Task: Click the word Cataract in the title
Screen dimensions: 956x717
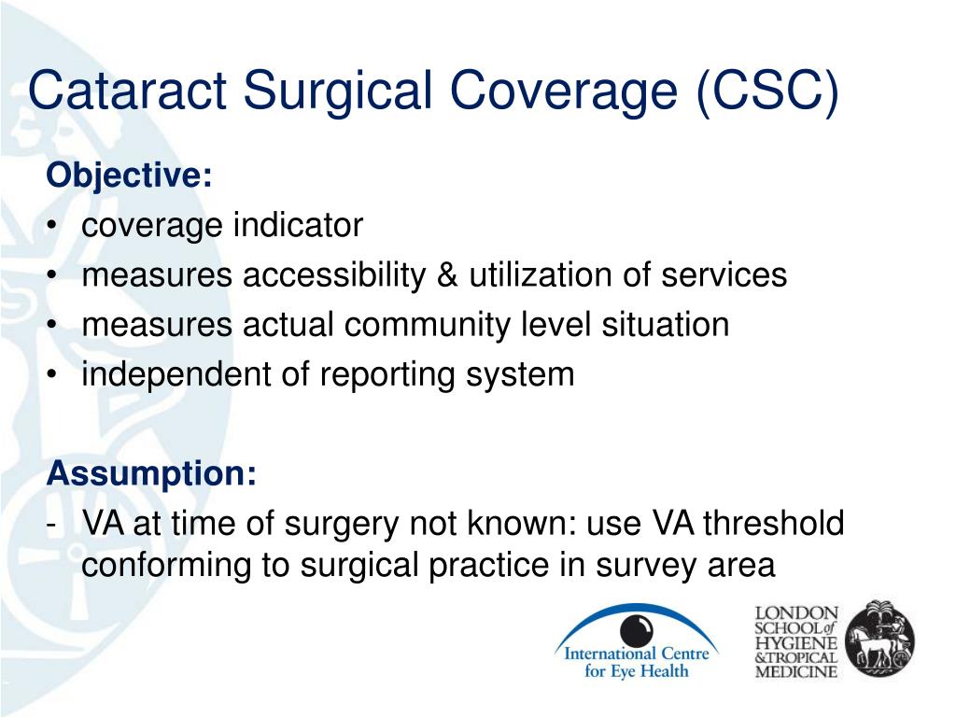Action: [127, 91]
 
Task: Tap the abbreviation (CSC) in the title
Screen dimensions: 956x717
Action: [767, 91]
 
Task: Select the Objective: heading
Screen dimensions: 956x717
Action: [129, 176]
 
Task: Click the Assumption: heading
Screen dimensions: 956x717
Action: [151, 473]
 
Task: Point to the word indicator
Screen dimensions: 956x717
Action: [298, 225]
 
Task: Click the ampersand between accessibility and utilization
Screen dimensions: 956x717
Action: [447, 275]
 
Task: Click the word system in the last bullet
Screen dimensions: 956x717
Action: [520, 375]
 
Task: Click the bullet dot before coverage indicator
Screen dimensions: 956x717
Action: [52, 226]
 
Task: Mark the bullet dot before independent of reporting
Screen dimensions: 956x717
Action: [52, 375]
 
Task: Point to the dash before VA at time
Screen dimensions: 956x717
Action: [51, 525]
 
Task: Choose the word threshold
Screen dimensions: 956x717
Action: [774, 523]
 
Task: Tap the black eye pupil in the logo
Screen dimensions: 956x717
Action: [637, 630]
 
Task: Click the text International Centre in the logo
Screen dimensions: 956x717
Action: [637, 654]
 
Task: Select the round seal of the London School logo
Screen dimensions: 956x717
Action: [880, 639]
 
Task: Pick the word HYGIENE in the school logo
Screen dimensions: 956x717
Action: [795, 642]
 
